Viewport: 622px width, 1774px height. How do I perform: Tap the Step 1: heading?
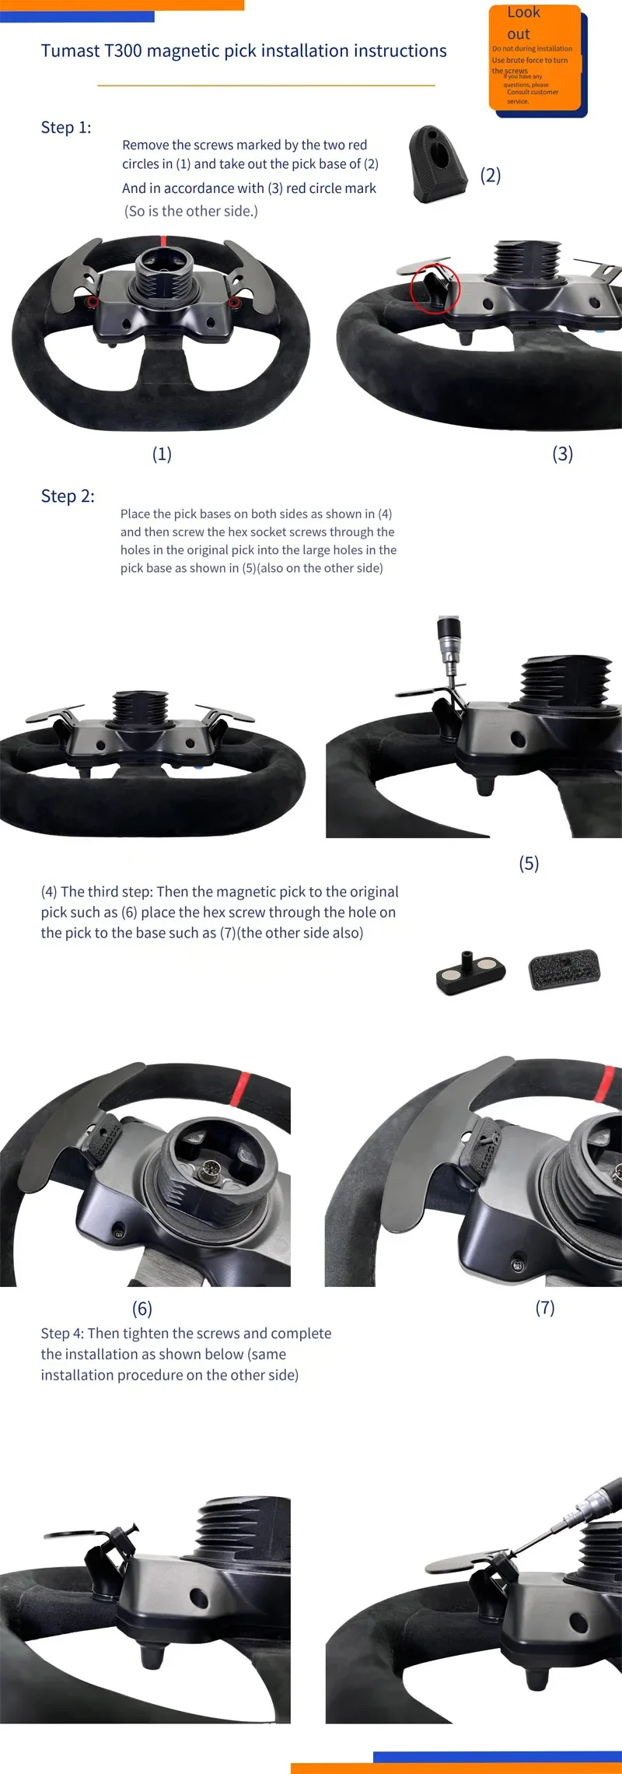pyautogui.click(x=66, y=128)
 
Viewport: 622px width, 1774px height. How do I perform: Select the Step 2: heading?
pyautogui.click(x=68, y=496)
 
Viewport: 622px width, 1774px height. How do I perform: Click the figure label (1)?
pyautogui.click(x=162, y=454)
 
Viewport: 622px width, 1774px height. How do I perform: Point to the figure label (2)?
pyautogui.click(x=491, y=175)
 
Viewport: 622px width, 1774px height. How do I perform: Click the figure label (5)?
pyautogui.click(x=529, y=863)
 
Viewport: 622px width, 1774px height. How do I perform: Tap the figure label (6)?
pyautogui.click(x=142, y=1308)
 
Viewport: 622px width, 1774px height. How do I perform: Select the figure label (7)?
pyautogui.click(x=545, y=1307)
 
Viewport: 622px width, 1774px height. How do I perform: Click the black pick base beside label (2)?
pyautogui.click(x=439, y=164)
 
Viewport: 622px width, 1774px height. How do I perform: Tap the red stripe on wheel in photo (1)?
pyautogui.click(x=162, y=240)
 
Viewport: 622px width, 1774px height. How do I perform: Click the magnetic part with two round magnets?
pyautogui.click(x=471, y=973)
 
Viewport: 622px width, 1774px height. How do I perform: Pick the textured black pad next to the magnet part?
pyautogui.click(x=564, y=969)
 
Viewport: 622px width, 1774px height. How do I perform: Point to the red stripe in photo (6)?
pyautogui.click(x=242, y=1084)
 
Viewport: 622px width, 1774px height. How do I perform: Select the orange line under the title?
pyautogui.click(x=266, y=85)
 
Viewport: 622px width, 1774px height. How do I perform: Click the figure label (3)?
pyautogui.click(x=563, y=454)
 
